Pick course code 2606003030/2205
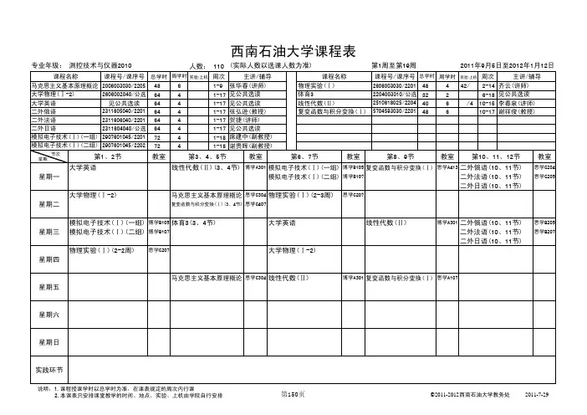click(x=125, y=85)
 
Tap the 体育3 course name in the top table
click(x=306, y=94)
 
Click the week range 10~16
click(x=490, y=102)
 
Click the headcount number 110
click(x=219, y=65)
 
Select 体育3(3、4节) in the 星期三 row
click(x=192, y=223)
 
